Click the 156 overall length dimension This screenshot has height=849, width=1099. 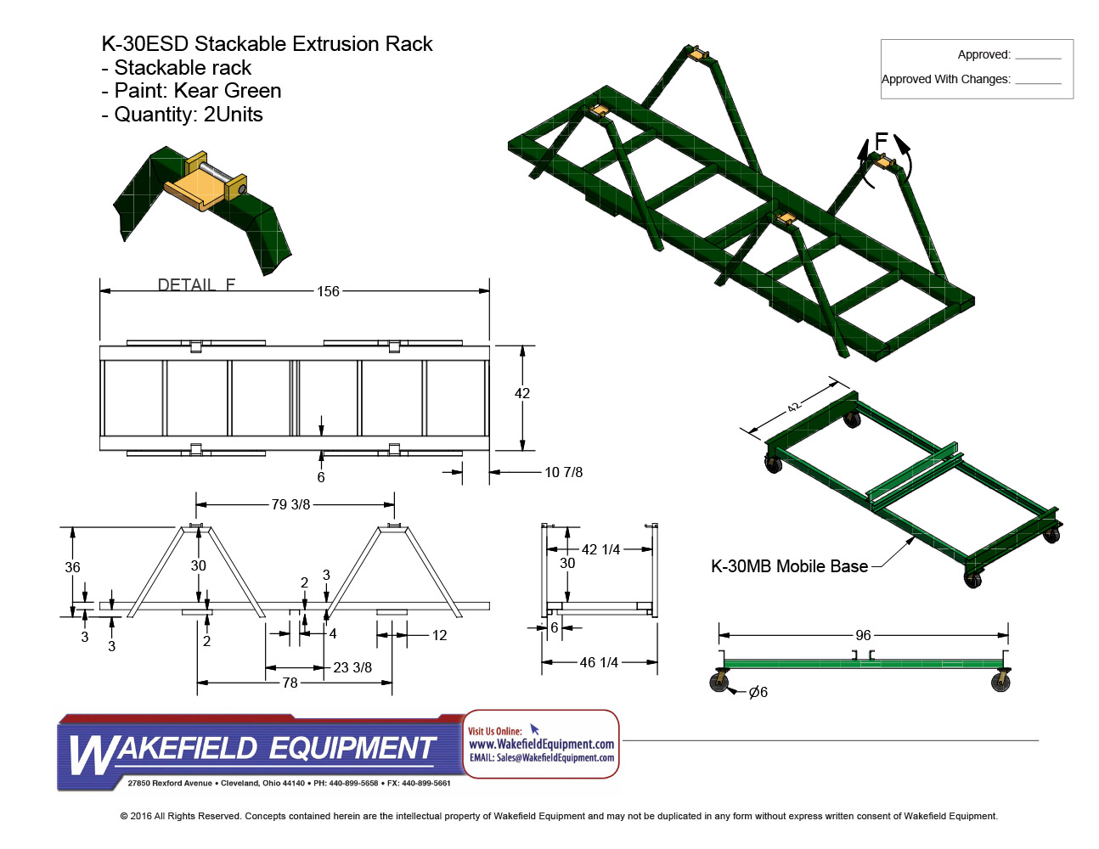coord(328,291)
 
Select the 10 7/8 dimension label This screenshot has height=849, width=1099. coord(563,472)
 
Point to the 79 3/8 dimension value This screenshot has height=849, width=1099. coord(290,504)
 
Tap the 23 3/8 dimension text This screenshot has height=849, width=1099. coord(352,667)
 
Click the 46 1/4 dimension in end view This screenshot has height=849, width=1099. coord(599,662)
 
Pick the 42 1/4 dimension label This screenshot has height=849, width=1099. coord(600,549)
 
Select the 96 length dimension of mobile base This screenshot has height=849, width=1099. coord(863,635)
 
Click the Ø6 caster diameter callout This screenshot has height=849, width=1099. coord(758,692)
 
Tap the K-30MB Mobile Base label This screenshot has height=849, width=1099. coord(789,566)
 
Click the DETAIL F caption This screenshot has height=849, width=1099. coord(196,284)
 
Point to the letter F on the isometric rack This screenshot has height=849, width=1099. coord(881,140)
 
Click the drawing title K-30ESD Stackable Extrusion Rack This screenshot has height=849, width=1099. coord(267,44)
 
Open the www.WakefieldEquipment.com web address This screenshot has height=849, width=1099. coord(541,744)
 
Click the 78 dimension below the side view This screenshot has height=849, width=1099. coord(290,683)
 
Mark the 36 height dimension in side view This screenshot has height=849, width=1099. coord(72,567)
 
